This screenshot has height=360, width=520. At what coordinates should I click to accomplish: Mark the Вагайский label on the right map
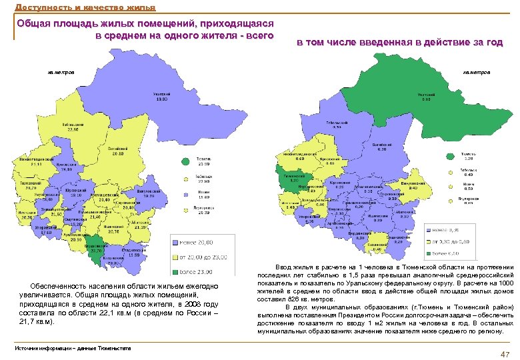381,147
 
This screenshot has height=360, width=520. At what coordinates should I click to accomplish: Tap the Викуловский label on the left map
149,193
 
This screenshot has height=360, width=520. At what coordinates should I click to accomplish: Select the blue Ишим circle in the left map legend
186,193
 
